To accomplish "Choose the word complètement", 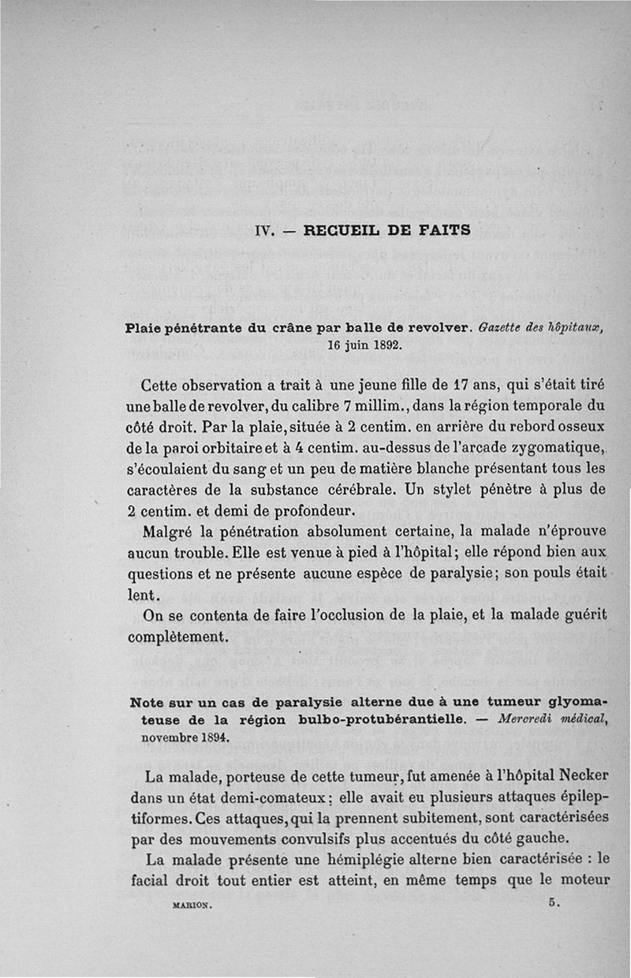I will [185, 633].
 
